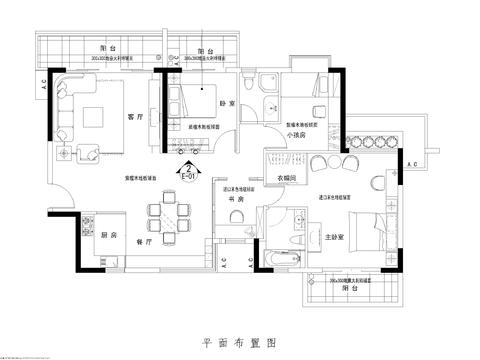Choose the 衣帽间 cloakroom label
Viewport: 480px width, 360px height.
tap(287, 177)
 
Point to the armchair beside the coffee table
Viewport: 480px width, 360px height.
tap(89, 153)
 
